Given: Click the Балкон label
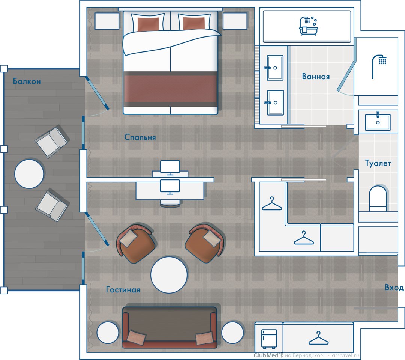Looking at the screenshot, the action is coord(27,81).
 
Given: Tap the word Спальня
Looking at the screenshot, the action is coord(140,137).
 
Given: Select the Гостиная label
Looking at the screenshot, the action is coord(123,290).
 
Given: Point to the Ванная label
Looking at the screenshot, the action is coord(316,76).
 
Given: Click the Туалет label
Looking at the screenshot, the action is coord(378,163).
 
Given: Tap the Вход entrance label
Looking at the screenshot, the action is coord(394,287).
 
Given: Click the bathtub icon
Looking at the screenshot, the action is coord(308,26).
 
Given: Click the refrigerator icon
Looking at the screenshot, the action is coord(269,339).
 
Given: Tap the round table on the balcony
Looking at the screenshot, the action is coord(29,174).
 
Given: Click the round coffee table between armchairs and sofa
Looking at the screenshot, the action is coord(169,275).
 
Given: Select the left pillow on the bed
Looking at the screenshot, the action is coord(148,23).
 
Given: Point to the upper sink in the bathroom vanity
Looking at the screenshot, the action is coord(275,68).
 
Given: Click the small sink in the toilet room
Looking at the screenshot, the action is coord(378,122).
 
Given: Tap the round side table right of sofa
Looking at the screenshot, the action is coord(232,333).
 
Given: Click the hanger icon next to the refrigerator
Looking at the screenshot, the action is coord(318,338).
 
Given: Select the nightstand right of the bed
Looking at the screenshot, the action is coord(235,21).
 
